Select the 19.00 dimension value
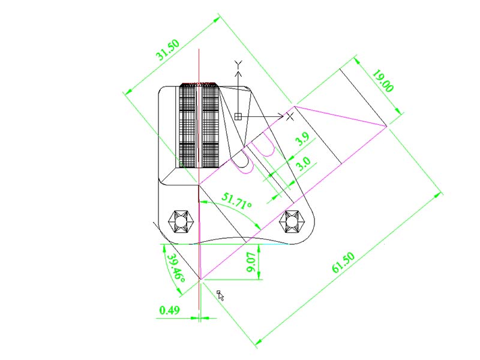click(x=382, y=82)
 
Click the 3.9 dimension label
click(x=303, y=140)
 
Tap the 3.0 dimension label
click(x=304, y=162)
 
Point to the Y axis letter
click(x=238, y=64)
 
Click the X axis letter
click(x=290, y=115)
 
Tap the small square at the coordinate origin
click(x=238, y=116)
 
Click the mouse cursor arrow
click(x=220, y=295)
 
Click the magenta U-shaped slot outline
click(x=244, y=164)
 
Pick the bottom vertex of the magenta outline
click(x=199, y=279)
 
